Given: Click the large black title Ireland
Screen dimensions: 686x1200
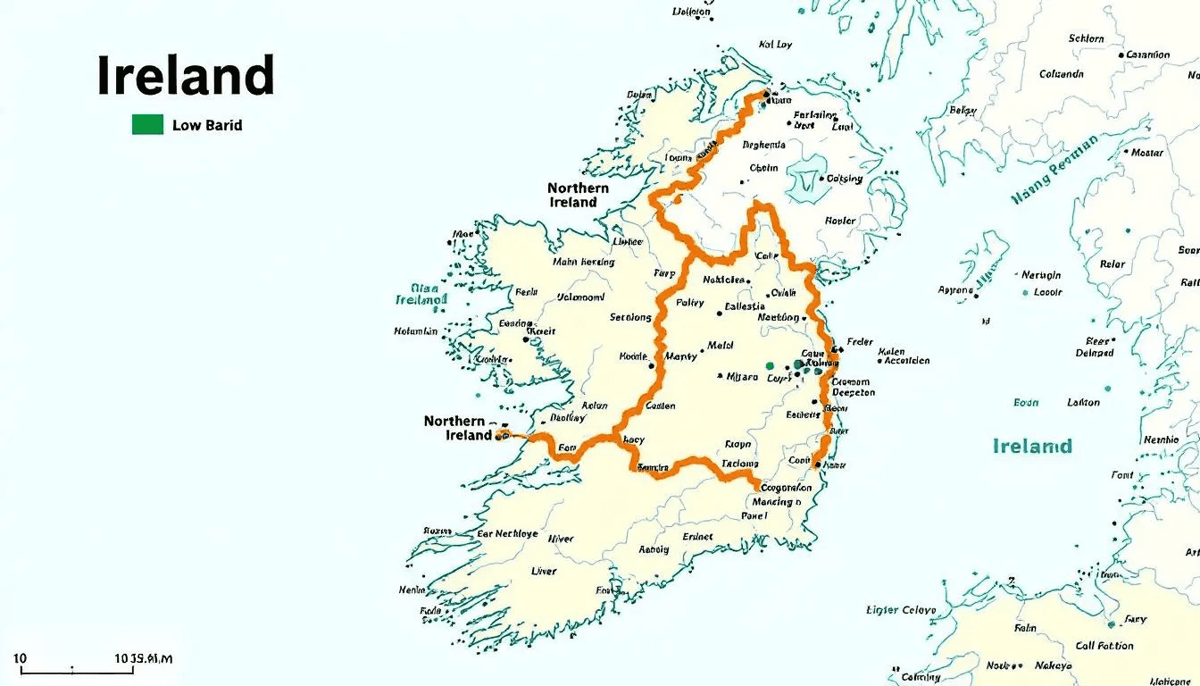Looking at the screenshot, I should coord(186,76).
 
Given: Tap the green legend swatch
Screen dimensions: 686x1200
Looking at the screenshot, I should coord(147,124).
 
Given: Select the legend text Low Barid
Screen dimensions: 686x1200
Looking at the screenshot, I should coord(207,125).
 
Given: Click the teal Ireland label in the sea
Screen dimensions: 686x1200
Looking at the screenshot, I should coord(1032,446).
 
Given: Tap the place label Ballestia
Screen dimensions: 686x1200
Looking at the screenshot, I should coord(745,306).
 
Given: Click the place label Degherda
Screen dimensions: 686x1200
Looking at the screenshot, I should coord(763,145).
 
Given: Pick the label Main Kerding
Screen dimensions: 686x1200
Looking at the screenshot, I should coord(584,263).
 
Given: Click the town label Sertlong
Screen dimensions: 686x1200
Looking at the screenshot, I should coord(631,317).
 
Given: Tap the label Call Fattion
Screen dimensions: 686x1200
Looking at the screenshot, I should coord(1104,646).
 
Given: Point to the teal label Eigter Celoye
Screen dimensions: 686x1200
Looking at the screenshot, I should coord(902,610).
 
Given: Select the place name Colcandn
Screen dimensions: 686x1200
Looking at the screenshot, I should coord(1061,74).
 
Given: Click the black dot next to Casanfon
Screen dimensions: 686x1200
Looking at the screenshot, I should coord(1121,55).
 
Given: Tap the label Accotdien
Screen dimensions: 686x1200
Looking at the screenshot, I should coord(908,361).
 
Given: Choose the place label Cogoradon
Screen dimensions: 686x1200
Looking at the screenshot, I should coord(784,488).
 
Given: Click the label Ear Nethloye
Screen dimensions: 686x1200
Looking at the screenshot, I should coord(507,533).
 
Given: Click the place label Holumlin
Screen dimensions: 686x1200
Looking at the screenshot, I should coord(416,331).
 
